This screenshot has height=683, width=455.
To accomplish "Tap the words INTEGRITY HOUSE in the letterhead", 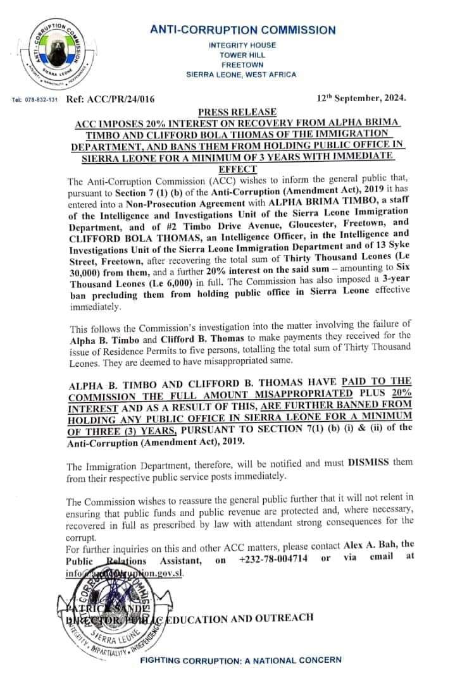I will (x=242, y=45).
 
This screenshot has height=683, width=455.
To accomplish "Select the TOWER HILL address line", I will (x=242, y=54).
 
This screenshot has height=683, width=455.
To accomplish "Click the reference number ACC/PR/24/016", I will (x=120, y=99).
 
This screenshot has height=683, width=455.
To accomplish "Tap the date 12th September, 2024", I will (x=361, y=99).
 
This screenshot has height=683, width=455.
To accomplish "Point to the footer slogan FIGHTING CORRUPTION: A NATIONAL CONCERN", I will (x=240, y=660).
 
